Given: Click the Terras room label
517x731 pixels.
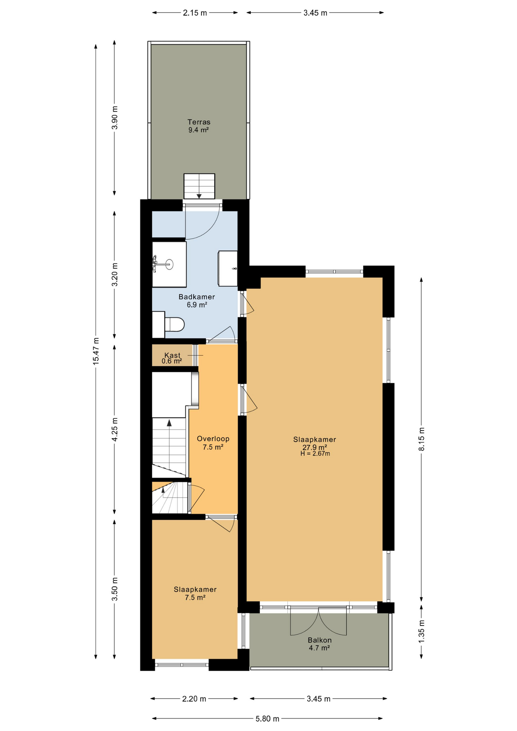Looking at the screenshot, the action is (199, 122).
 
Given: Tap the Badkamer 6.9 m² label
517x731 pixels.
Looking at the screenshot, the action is (197, 301).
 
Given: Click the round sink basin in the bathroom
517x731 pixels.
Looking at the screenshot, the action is (169, 264).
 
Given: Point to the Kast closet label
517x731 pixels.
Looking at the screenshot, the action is (172, 355).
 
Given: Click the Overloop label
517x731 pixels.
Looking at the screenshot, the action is (213, 439).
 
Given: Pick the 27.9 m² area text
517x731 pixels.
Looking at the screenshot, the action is (315, 447).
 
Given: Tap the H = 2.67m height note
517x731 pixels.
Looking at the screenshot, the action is (315, 453).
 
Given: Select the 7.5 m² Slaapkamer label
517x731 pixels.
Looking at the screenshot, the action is (195, 593).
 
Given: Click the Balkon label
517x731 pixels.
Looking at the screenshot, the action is (320, 640).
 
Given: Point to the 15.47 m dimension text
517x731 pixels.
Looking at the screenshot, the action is (96, 351).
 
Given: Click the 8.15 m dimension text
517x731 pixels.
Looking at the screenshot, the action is (421, 439).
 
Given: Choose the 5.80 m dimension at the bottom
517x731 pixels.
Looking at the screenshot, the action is (268, 718).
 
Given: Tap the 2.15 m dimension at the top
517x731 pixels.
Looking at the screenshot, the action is (195, 13).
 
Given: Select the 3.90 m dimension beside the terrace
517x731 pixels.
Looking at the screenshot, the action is (115, 118).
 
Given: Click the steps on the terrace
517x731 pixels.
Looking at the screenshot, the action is (199, 186).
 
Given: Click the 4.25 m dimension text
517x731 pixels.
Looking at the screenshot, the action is (115, 429).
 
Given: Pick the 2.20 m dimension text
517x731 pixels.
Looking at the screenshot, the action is (194, 699).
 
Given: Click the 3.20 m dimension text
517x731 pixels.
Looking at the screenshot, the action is (115, 275).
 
